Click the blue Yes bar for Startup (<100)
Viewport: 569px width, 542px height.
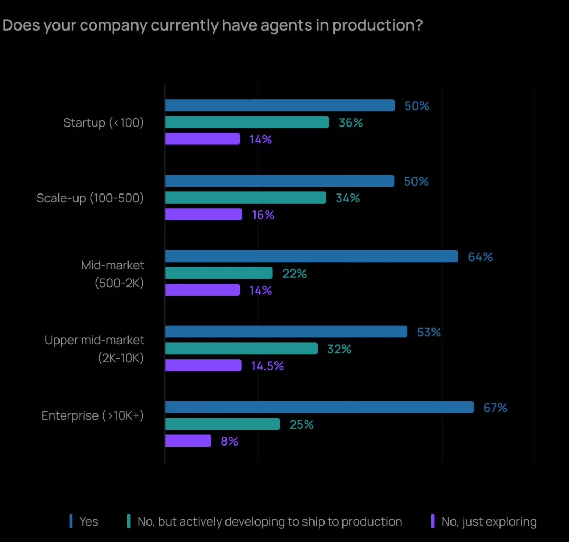pyautogui.click(x=280, y=105)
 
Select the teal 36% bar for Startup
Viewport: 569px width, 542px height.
pyautogui.click(x=247, y=122)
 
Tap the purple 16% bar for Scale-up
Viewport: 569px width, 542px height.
pyautogui.click(x=203, y=215)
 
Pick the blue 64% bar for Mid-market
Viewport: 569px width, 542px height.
pyautogui.click(x=311, y=256)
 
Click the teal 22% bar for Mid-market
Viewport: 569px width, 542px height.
pyautogui.click(x=219, y=273)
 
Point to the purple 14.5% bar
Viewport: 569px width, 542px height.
pyautogui.click(x=203, y=365)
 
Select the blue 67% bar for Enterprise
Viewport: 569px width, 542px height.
pyautogui.click(x=319, y=408)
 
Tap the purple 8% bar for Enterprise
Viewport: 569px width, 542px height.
pyautogui.click(x=188, y=441)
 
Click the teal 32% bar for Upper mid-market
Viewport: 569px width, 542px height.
pyautogui.click(x=241, y=349)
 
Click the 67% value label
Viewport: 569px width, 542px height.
pyautogui.click(x=495, y=408)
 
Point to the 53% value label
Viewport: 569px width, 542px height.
pyautogui.click(x=429, y=332)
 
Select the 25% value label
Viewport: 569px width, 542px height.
pyautogui.click(x=301, y=424)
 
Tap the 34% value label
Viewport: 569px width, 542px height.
pyautogui.click(x=348, y=198)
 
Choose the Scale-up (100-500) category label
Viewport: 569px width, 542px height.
pyautogui.click(x=90, y=198)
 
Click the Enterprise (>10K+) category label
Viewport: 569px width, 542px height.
pyautogui.click(x=93, y=415)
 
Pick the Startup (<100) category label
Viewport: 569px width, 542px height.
pyautogui.click(x=103, y=123)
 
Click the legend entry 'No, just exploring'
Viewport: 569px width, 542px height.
pyautogui.click(x=488, y=522)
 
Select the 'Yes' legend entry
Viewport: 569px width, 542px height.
pyautogui.click(x=89, y=522)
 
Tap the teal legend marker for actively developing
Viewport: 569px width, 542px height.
pyautogui.click(x=129, y=521)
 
